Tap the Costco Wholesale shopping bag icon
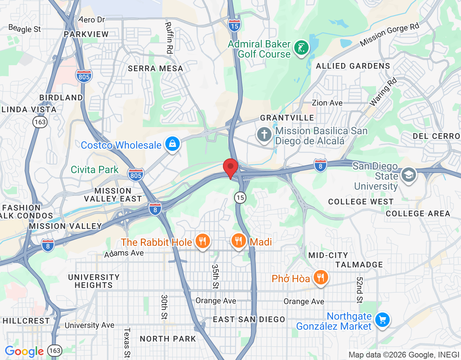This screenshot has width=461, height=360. [x=173, y=144]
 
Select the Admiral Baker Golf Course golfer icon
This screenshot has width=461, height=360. [x=301, y=48]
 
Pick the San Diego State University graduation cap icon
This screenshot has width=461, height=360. [x=408, y=175]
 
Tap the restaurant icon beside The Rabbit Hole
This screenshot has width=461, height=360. [x=203, y=241]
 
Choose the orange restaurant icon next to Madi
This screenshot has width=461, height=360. [x=238, y=240]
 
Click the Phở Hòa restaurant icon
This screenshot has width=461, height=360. [x=320, y=278]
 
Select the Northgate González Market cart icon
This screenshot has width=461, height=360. [x=382, y=320]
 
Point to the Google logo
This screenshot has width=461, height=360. [x=24, y=351]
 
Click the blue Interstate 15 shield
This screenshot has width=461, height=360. [x=234, y=26]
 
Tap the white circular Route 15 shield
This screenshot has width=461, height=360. [x=240, y=197]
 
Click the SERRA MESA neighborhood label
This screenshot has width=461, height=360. [x=156, y=68]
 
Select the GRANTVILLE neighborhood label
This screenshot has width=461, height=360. [x=287, y=118]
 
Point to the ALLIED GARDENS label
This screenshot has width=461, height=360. [x=353, y=66]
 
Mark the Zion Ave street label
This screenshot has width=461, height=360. [x=327, y=103]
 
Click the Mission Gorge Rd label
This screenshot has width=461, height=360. [x=390, y=34]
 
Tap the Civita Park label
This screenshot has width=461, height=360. [x=94, y=170]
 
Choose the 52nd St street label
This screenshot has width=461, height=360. [x=359, y=290]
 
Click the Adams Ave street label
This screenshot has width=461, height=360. [x=124, y=253]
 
